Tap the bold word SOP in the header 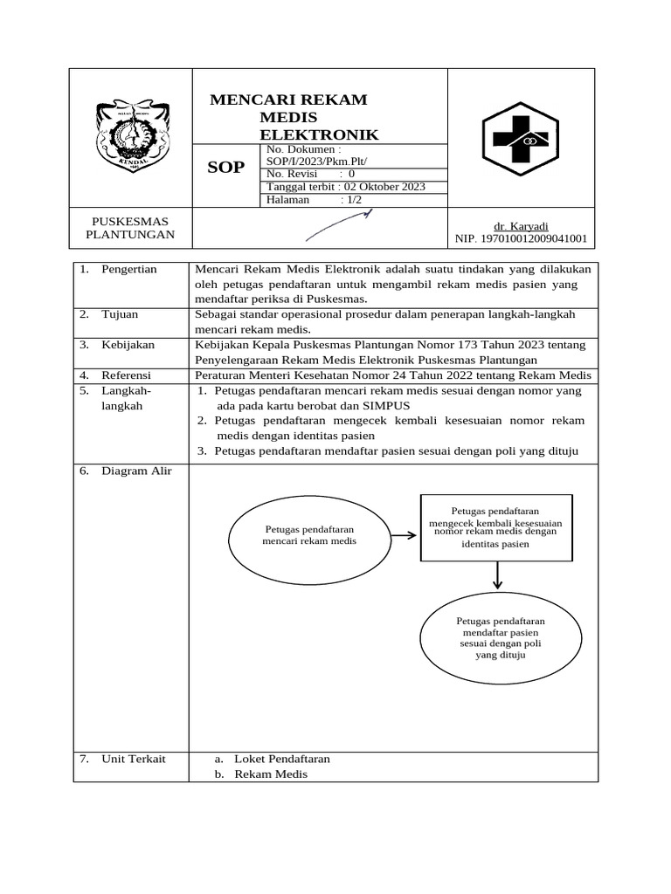click(225, 168)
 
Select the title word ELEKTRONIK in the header click(319, 134)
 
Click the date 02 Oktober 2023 click(384, 187)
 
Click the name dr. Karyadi click(521, 225)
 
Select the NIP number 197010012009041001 click(521, 237)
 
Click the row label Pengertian click(129, 269)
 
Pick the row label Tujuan click(120, 313)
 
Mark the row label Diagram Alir click(136, 471)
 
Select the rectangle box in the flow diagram click(496, 526)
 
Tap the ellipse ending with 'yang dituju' click(500, 637)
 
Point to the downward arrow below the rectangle click(497, 575)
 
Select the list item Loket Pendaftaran click(282, 759)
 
